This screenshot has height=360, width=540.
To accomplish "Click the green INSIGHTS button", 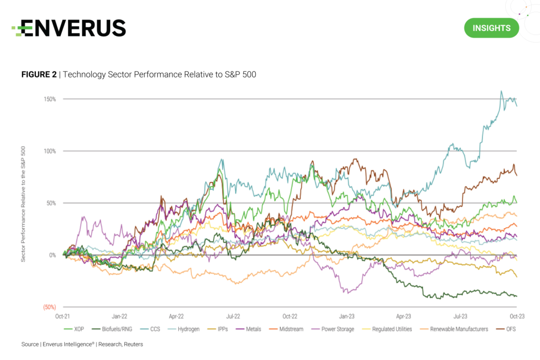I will (491, 28).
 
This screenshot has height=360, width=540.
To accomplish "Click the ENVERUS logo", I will (69, 28).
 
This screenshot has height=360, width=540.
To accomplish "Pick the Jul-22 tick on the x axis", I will (233, 317).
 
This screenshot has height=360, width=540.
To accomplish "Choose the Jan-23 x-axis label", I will (346, 317).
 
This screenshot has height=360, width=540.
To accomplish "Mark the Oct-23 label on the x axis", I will (517, 317).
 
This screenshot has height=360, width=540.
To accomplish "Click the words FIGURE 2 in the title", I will (38, 74).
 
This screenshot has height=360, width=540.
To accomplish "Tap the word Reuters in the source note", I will (132, 344).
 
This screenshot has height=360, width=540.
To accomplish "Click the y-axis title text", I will (23, 203).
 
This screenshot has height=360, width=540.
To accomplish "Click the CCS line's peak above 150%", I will (501, 91).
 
